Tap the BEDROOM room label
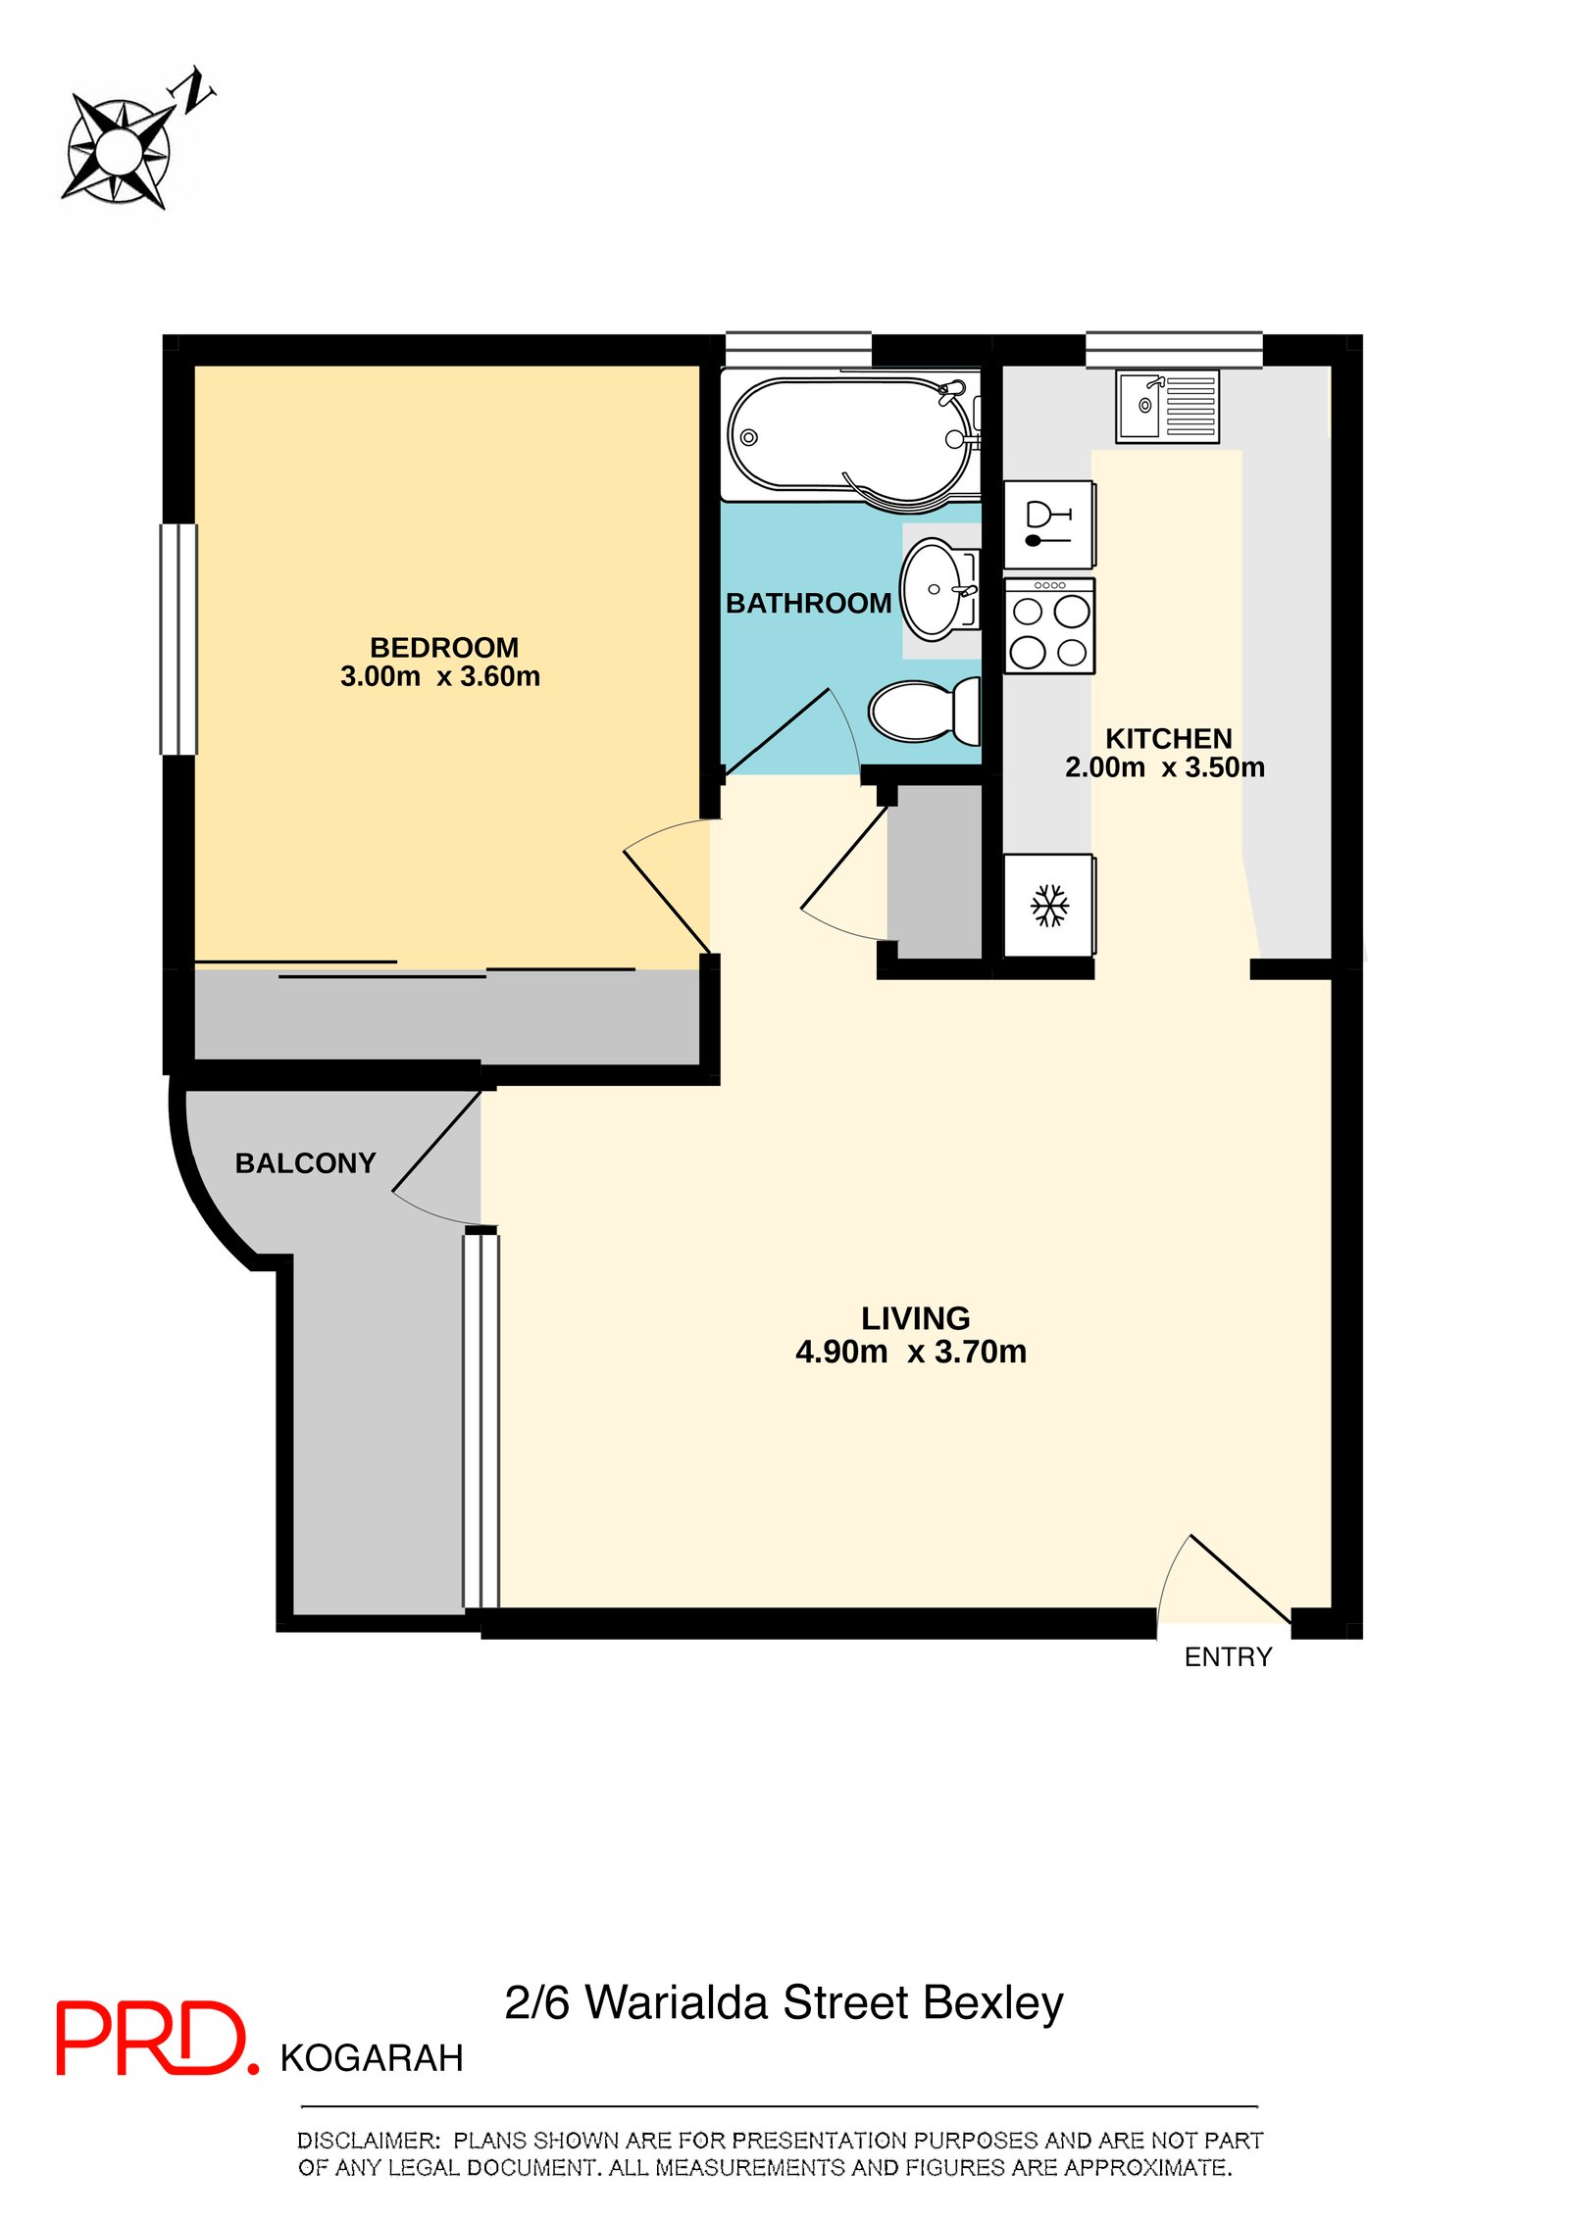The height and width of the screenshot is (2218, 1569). click(444, 648)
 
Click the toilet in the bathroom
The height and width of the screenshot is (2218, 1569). click(924, 710)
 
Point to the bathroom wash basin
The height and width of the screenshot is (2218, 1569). click(937, 589)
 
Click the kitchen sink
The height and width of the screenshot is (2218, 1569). click(1167, 406)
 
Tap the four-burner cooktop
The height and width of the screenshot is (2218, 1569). click(1049, 625)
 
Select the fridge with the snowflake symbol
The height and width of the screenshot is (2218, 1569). click(1049, 905)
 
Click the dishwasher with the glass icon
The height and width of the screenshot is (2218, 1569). click(1049, 524)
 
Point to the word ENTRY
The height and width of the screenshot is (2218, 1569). click(1228, 1657)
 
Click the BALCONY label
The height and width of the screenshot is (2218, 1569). click(305, 1163)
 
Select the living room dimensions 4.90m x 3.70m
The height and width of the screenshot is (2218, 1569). click(911, 1353)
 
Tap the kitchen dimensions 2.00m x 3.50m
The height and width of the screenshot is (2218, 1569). click(1165, 767)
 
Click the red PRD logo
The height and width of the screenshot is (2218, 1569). click(157, 2038)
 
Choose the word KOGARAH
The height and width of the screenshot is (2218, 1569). click(372, 2059)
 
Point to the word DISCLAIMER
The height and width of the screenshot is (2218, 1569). click(369, 2141)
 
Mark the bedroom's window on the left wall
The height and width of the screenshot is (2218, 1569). click(178, 639)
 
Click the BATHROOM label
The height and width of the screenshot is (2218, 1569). click(808, 604)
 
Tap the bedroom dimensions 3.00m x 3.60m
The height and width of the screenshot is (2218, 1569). click(440, 677)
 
